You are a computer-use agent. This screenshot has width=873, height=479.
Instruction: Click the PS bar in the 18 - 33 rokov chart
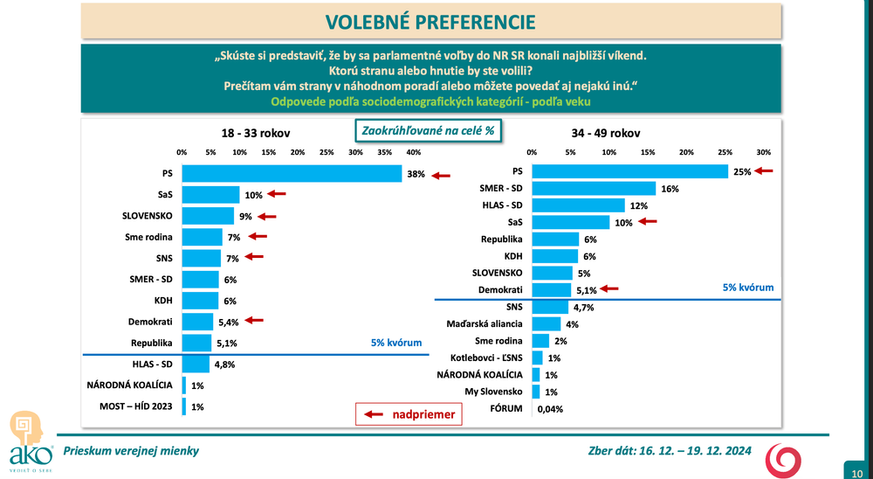pyautogui.click(x=292, y=174)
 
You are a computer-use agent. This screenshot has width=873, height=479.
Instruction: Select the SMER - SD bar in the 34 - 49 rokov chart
pyautogui.click(x=594, y=188)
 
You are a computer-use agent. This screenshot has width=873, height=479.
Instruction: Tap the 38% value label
pyautogui.click(x=415, y=174)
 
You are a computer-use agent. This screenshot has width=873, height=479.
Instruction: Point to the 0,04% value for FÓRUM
pyautogui.click(x=550, y=408)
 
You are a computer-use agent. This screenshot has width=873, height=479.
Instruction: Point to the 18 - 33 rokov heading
pyautogui.click(x=255, y=133)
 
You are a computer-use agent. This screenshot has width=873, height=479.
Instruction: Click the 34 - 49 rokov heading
pyautogui.click(x=606, y=133)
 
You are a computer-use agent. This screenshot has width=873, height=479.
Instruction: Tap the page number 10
pyautogui.click(x=857, y=473)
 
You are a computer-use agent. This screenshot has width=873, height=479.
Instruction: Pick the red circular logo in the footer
pyautogui.click(x=781, y=460)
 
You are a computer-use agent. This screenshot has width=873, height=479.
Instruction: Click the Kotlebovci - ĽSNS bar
pyautogui.click(x=537, y=358)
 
